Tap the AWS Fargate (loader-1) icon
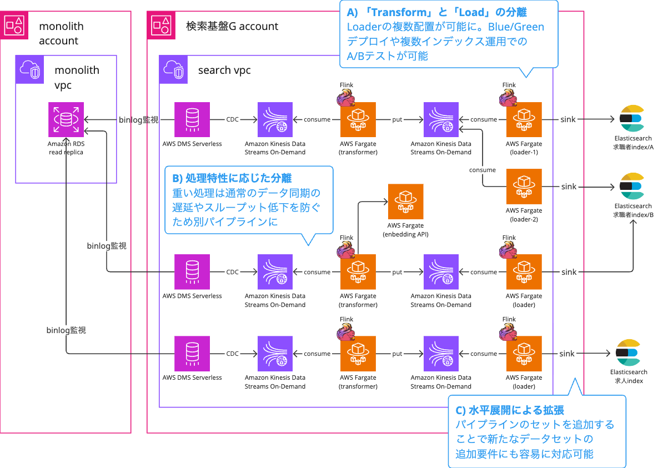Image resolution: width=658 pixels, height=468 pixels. tap(524, 119)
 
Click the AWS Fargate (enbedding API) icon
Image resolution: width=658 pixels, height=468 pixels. tap(405, 202)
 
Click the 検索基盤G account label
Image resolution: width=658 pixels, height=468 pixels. tap(232, 26)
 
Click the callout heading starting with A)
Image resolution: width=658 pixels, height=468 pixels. tap(437, 12)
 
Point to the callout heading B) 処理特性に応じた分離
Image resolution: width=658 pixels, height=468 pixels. tap(232, 178)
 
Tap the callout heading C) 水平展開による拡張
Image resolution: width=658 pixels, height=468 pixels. tap(510, 410)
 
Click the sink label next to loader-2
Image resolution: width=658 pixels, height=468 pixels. tap(569, 187)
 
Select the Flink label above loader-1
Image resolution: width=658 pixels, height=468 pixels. tap(509, 85)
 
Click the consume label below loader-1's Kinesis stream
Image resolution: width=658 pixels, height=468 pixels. tap(482, 169)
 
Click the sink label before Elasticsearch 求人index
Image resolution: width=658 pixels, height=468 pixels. tap(567, 354)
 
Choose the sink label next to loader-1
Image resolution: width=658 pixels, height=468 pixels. tap(569, 119)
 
